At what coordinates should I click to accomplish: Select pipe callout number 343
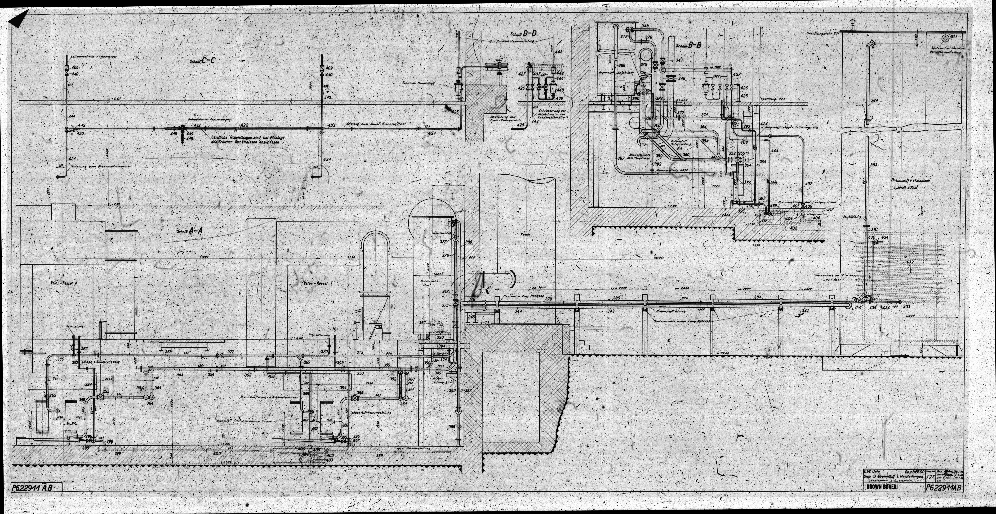[611, 311]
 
